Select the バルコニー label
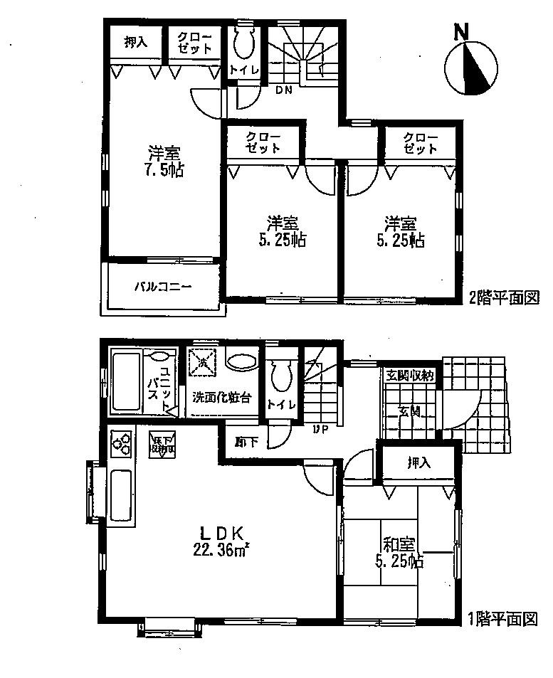164,287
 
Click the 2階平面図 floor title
502,297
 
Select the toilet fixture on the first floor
283,374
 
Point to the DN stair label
284,90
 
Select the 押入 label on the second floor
135,43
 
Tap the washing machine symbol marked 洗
202,361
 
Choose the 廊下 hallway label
247,442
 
